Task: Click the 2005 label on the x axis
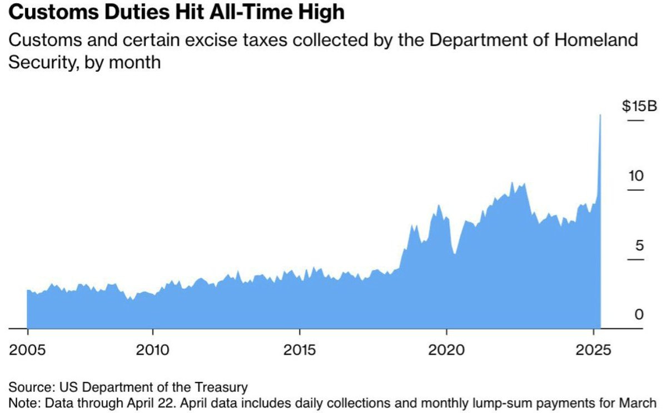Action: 28,351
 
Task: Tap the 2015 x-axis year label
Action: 300,351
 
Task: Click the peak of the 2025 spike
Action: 600,115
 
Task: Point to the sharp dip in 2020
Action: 455,254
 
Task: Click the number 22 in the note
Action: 166,402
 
